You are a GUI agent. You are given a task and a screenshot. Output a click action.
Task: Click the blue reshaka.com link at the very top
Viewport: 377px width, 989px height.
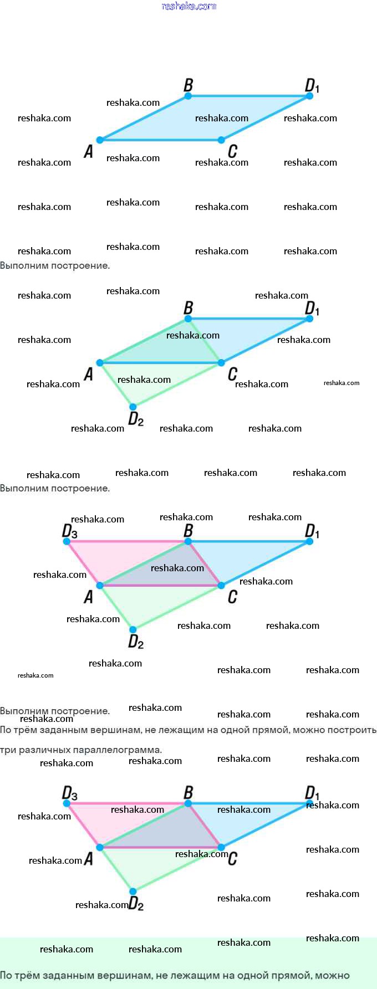pos(188,6)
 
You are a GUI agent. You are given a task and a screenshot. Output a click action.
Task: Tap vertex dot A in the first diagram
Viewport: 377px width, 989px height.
pos(100,140)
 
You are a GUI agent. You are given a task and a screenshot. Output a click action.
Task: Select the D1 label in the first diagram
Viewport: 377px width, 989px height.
pos(312,86)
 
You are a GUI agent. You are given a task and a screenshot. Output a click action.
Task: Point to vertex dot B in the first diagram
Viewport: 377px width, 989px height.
pos(188,96)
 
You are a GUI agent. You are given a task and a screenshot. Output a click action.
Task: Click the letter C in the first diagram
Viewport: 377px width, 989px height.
pos(232,151)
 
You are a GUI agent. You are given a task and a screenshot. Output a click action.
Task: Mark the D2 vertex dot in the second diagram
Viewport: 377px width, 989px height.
pos(133,407)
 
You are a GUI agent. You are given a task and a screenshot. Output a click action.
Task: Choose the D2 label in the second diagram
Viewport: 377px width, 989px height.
pos(136,419)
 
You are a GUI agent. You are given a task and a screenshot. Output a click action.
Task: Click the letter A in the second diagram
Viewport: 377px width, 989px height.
pos(88,375)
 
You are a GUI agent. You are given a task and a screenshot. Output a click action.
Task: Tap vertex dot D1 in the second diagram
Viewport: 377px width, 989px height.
pos(309,319)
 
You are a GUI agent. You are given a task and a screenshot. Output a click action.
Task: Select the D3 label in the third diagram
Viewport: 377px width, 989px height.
pos(70,531)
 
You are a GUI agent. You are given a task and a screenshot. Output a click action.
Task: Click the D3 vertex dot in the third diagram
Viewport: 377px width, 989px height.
pos(67,541)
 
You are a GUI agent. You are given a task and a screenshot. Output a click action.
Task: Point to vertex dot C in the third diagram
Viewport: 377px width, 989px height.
pos(221,585)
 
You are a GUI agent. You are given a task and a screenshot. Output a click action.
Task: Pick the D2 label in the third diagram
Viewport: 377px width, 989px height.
pos(136,642)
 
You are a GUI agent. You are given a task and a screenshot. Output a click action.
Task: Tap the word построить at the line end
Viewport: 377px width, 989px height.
pos(351,730)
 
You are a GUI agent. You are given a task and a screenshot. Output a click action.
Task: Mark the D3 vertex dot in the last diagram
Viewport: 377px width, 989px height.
pos(67,803)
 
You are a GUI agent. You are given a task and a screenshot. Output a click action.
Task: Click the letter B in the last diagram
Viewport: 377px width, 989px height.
pos(188,792)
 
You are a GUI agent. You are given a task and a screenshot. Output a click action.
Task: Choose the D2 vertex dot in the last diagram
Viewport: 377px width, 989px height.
pos(133,891)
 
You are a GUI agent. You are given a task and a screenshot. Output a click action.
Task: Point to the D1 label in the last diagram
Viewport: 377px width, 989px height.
pos(312,793)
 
